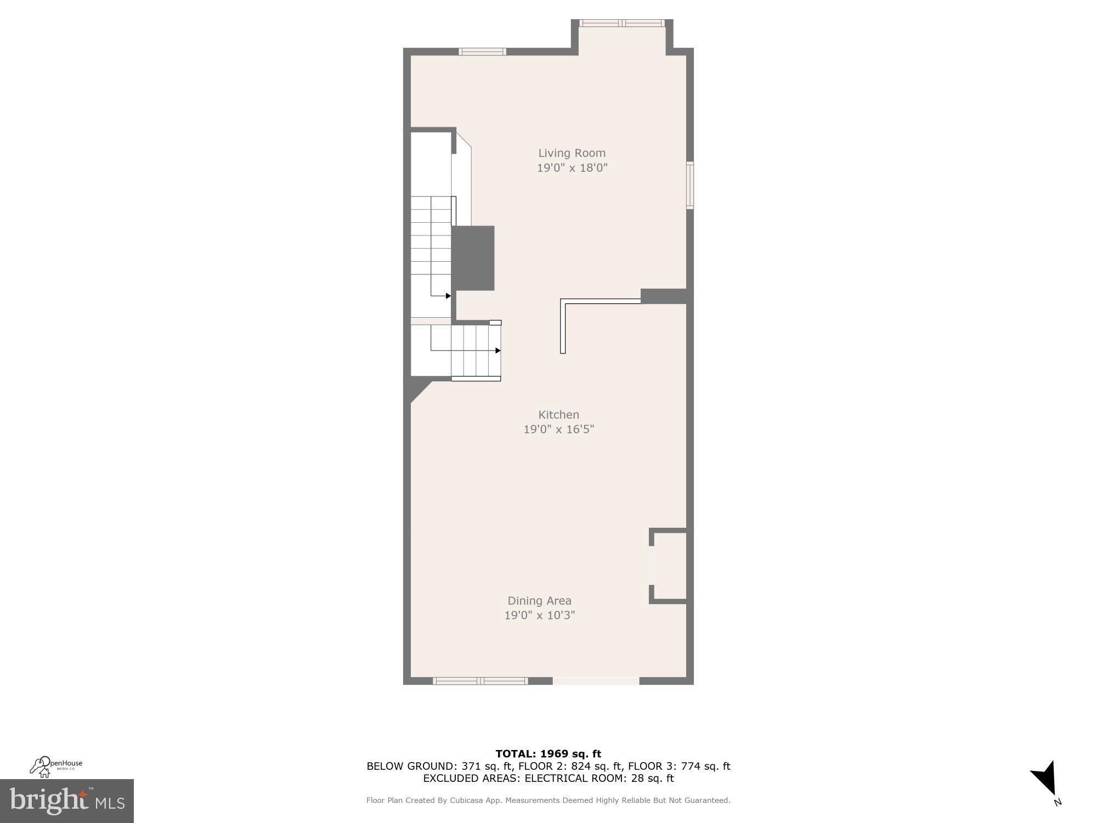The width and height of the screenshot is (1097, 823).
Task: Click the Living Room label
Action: tap(572, 153)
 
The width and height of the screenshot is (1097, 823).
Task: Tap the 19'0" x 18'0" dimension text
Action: tap(572, 168)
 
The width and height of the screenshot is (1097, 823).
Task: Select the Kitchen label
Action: tap(558, 415)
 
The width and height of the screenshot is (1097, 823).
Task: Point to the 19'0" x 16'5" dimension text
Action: tap(559, 429)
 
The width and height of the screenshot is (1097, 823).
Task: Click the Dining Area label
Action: tap(539, 601)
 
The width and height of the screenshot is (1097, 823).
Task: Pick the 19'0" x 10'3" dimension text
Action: tap(540, 615)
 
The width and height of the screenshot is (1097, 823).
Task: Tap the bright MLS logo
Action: tap(67, 801)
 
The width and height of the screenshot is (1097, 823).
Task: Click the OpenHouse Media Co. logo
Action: tap(56, 766)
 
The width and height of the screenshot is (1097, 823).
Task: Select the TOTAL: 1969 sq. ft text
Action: tap(548, 754)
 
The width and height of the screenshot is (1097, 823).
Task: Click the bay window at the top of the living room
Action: tap(622, 23)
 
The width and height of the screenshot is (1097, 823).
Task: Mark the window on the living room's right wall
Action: tap(690, 185)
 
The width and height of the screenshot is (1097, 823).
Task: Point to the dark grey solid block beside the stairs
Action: tap(473, 258)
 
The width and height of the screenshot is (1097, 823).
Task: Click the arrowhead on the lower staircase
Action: tap(497, 351)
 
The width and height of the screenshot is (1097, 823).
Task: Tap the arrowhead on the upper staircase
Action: tap(448, 296)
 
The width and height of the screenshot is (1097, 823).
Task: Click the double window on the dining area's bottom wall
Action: tap(480, 681)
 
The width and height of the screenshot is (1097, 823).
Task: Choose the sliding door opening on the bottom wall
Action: tap(596, 681)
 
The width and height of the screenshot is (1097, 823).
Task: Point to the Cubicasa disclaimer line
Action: tap(548, 801)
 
